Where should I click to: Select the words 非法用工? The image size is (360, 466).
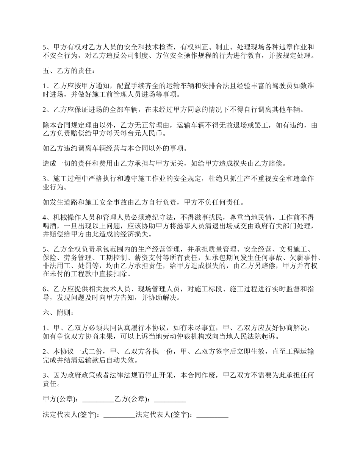coord(55,266)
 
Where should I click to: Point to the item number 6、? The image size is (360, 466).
coord(47,289)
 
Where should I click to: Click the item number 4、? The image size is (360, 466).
coord(47,217)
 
